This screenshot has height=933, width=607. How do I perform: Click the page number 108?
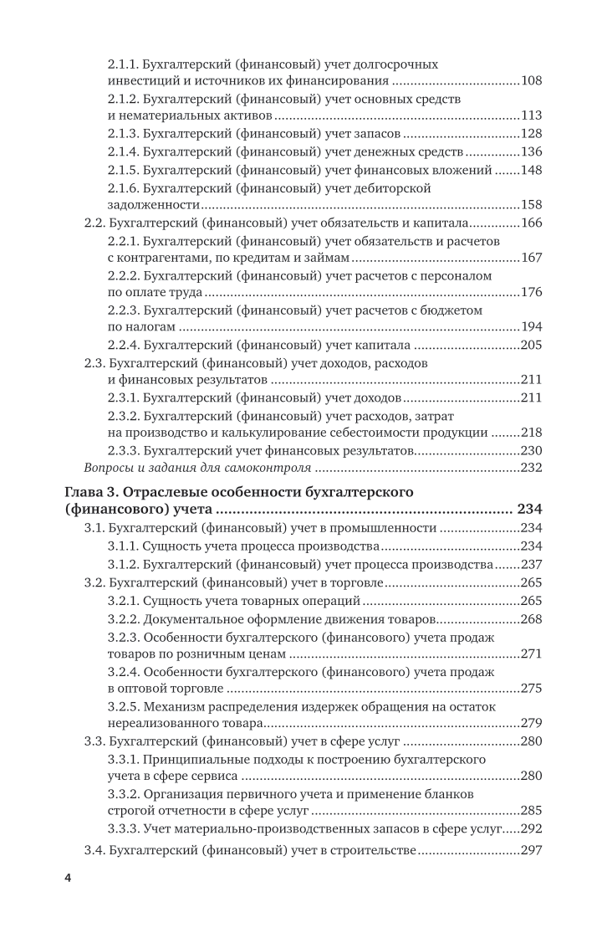coord(531,81)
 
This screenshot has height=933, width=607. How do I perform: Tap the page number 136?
coord(531,151)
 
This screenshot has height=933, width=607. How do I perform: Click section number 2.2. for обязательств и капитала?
coord(98,223)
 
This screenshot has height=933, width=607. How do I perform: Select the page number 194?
coord(531,326)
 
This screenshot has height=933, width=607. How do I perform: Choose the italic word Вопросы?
coord(110,468)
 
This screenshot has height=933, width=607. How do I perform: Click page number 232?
coord(531,468)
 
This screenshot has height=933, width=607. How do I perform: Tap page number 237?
coord(531,563)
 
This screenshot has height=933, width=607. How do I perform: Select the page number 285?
coord(531,810)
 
